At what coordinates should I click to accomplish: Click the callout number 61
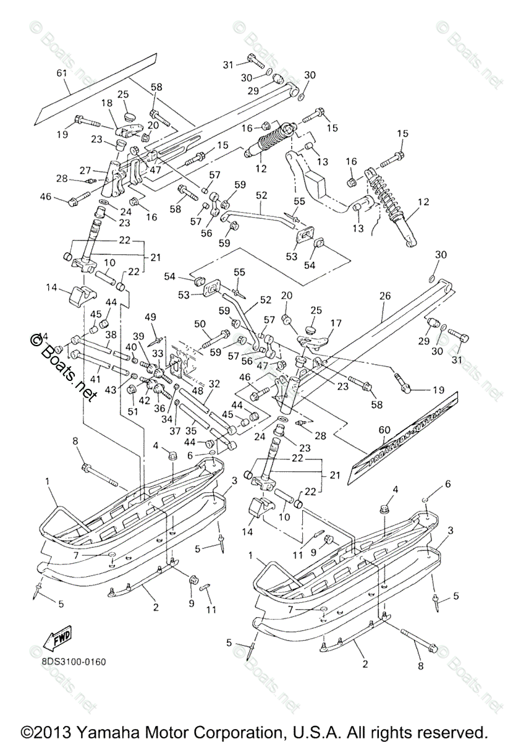tap(61, 74)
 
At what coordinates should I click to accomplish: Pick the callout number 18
tap(106, 103)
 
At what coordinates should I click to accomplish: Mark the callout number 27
tap(85, 170)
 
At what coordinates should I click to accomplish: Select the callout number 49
tap(150, 317)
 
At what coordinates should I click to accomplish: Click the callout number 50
tap(199, 323)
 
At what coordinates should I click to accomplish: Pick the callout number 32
tap(213, 384)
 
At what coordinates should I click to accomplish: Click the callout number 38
tap(110, 335)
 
